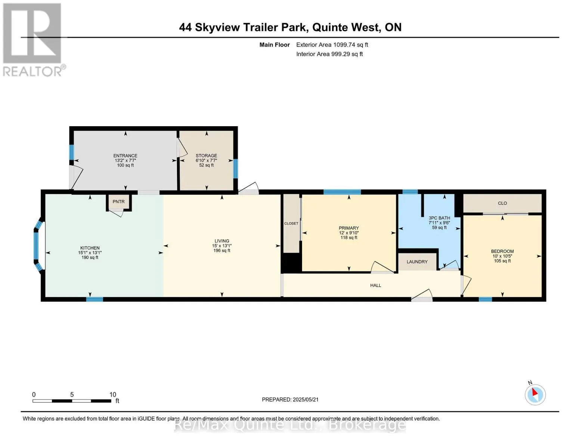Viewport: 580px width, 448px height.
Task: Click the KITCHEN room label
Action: click(x=90, y=248)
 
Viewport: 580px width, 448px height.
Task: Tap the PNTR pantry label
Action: click(x=118, y=202)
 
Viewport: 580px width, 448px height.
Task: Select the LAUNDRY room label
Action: click(x=417, y=262)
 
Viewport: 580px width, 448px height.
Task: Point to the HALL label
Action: click(x=376, y=285)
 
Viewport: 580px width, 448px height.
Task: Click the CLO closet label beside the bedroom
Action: click(x=502, y=203)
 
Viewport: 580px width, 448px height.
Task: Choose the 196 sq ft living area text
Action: click(x=222, y=251)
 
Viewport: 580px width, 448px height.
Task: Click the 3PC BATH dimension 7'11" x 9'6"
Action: click(x=439, y=223)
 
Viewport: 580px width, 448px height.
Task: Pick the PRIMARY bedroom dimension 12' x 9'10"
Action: click(x=349, y=233)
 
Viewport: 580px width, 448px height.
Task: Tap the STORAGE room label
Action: click(x=206, y=156)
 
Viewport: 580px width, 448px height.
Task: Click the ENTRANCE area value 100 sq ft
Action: click(x=125, y=165)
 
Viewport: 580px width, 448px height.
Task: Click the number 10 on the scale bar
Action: click(x=113, y=394)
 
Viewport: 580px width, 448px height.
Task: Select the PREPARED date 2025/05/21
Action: click(x=305, y=399)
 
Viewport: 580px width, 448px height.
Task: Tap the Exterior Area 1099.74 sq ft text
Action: click(x=332, y=44)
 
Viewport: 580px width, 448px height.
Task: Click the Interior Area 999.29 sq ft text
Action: click(x=330, y=54)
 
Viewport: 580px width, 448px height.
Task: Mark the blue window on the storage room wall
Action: click(x=235, y=168)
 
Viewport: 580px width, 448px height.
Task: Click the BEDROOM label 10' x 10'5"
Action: click(x=502, y=256)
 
